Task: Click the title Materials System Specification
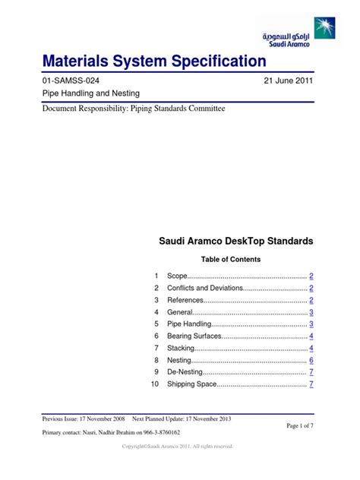pyautogui.click(x=154, y=61)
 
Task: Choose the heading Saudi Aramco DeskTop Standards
pyautogui.click(x=235, y=242)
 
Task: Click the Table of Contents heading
pyautogui.click(x=235, y=259)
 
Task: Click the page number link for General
pyautogui.click(x=311, y=313)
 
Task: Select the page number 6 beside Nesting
pyautogui.click(x=311, y=361)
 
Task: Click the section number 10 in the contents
pyautogui.click(x=155, y=385)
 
